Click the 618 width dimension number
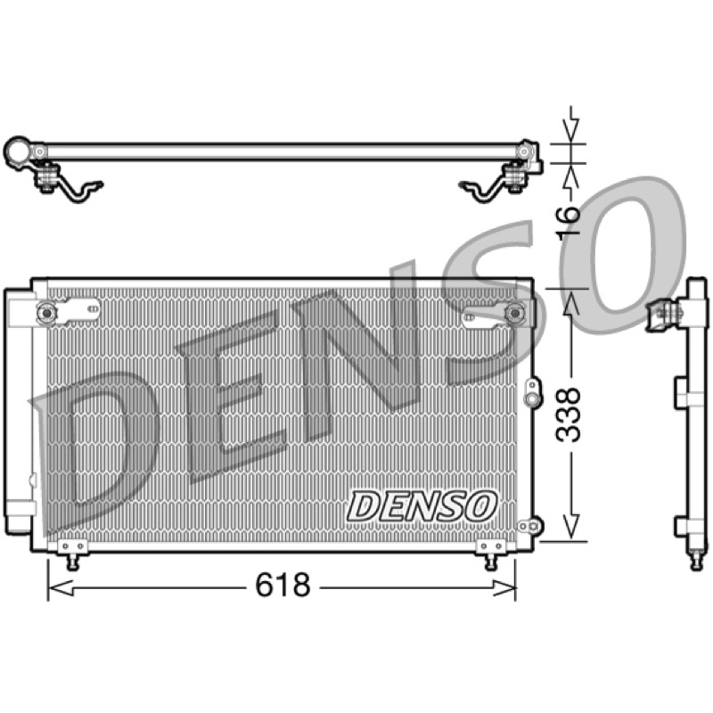click(283, 586)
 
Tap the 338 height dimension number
click(569, 414)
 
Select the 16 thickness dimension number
click(569, 220)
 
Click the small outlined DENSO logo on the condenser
click(422, 506)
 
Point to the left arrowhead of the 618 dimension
click(60, 588)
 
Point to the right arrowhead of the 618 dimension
click(504, 588)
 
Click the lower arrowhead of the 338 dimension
click(571, 528)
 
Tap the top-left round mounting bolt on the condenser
click(47, 313)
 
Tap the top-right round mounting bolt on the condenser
click(515, 313)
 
